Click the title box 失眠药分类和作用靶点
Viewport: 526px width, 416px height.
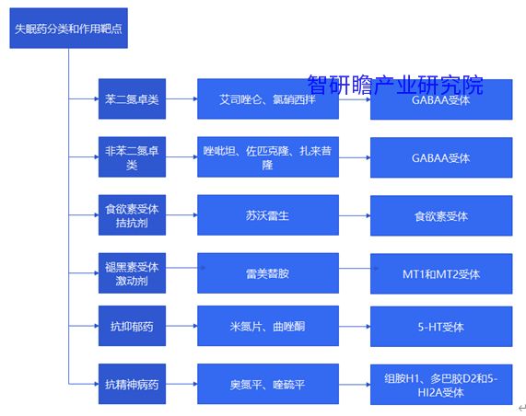[x=69, y=29]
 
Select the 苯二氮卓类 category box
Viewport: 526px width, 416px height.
[x=132, y=98]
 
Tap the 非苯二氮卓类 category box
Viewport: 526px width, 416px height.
[x=132, y=156]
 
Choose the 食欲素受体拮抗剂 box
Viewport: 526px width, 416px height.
[x=132, y=214]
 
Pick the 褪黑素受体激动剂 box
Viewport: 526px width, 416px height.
[x=132, y=273]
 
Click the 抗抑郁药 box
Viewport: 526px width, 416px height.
[x=132, y=326]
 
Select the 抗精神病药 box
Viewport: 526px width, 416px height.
[x=132, y=384]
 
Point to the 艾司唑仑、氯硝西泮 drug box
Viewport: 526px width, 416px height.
[x=268, y=98]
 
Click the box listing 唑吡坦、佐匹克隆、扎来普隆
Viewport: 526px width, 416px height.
[x=268, y=156]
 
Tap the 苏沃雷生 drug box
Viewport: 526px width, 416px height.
[x=268, y=214]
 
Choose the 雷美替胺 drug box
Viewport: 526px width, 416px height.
[x=268, y=273]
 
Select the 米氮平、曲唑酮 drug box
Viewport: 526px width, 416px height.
[x=268, y=326]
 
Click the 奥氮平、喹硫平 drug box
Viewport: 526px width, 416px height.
[x=268, y=384]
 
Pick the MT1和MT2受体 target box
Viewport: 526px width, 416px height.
[x=441, y=274]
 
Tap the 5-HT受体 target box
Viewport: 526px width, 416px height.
[x=441, y=327]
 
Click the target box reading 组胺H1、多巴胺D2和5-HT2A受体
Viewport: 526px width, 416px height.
[x=441, y=385]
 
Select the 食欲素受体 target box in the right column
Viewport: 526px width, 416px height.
[x=441, y=215]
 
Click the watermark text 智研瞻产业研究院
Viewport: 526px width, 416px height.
[x=395, y=86]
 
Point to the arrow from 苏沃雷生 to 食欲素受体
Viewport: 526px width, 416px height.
[x=355, y=215]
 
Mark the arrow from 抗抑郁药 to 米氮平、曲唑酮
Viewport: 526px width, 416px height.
[x=181, y=326]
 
